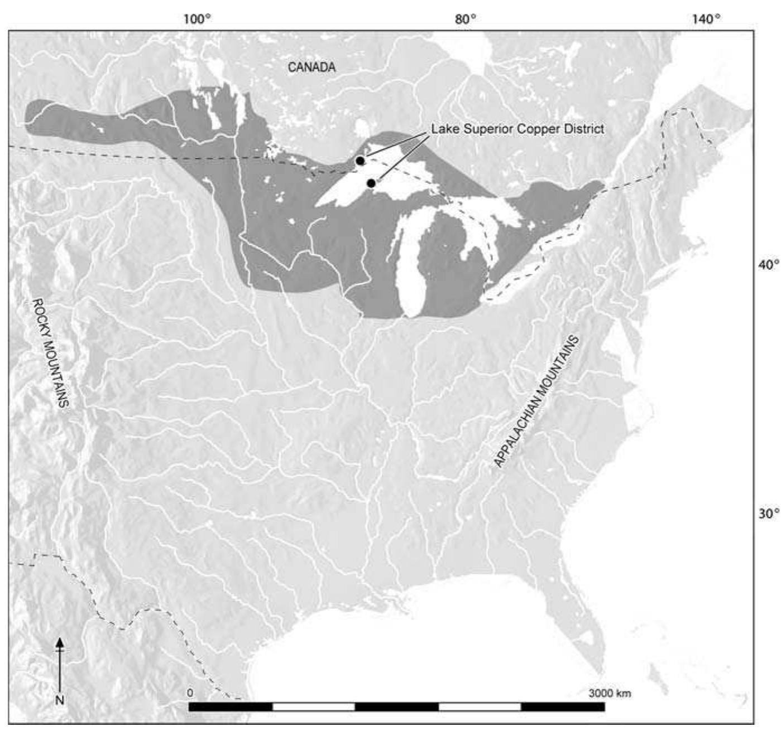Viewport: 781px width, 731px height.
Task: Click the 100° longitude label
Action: tap(198, 20)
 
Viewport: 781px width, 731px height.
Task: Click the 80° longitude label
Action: tap(466, 20)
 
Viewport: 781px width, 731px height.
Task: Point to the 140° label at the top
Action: tap(706, 20)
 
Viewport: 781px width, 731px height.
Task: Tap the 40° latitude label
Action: tap(768, 264)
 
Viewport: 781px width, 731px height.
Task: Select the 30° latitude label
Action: tap(768, 513)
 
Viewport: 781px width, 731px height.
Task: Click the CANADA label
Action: tap(312, 67)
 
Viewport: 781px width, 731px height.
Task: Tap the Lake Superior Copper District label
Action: tap(518, 129)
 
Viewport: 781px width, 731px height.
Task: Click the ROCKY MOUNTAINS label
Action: tap(51, 352)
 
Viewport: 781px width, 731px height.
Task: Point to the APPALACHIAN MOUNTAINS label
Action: tap(536, 401)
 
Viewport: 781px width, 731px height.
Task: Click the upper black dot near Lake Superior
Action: tap(361, 161)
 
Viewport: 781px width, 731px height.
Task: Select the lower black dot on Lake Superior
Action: tap(371, 183)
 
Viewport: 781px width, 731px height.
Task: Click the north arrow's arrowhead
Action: tap(60, 643)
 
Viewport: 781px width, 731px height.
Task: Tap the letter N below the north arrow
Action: tap(60, 700)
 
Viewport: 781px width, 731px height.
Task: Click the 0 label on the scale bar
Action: tap(190, 693)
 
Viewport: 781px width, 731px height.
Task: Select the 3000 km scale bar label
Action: tap(610, 694)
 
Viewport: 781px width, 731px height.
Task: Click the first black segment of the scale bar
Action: tap(231, 707)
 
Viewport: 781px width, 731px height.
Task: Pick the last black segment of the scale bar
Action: tap(563, 707)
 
